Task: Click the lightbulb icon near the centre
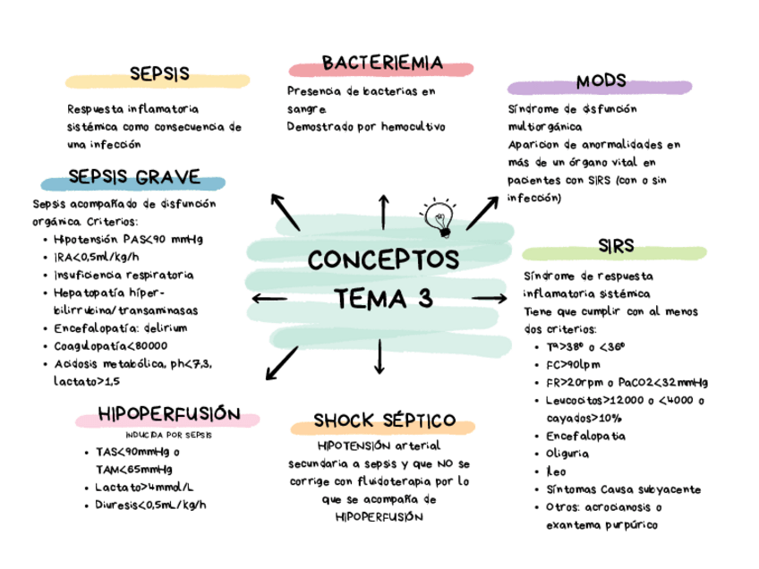click(439, 217)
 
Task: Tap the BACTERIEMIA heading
click(382, 63)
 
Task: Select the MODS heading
click(601, 81)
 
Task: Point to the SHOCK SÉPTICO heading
click(384, 420)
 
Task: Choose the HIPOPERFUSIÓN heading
click(169, 413)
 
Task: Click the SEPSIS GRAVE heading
click(134, 176)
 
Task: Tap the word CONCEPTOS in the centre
click(383, 260)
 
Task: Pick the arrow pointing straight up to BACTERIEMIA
click(383, 212)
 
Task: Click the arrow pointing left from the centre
click(270, 299)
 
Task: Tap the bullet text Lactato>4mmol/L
click(144, 487)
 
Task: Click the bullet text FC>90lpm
click(572, 364)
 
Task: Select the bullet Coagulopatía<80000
click(110, 345)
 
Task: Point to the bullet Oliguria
click(566, 454)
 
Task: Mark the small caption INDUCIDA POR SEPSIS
click(169, 435)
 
